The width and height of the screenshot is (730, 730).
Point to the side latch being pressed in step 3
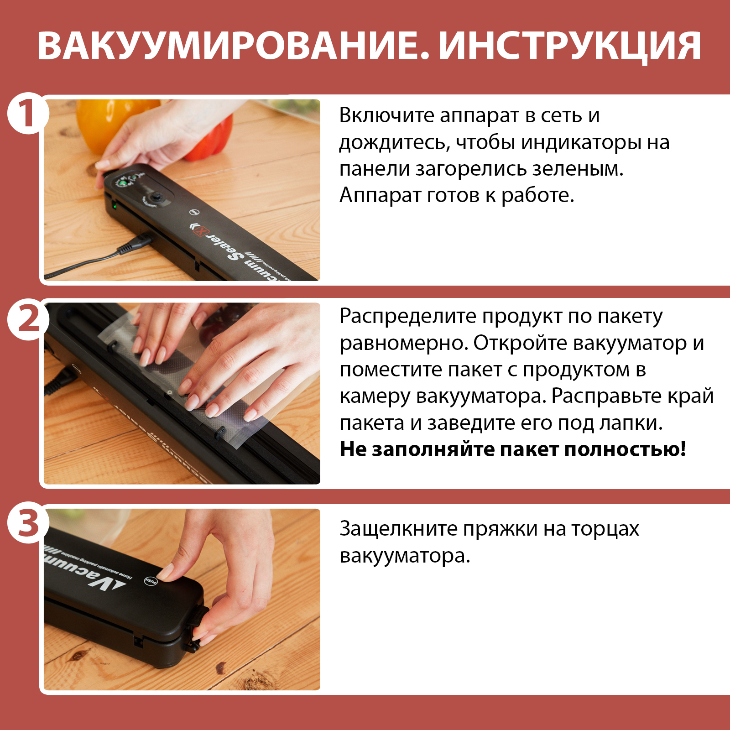[197, 627]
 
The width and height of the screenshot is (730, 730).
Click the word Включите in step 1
[386, 115]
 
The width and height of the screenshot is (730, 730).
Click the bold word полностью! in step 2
[625, 449]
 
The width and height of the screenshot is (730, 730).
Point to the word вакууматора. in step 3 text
[405, 556]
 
